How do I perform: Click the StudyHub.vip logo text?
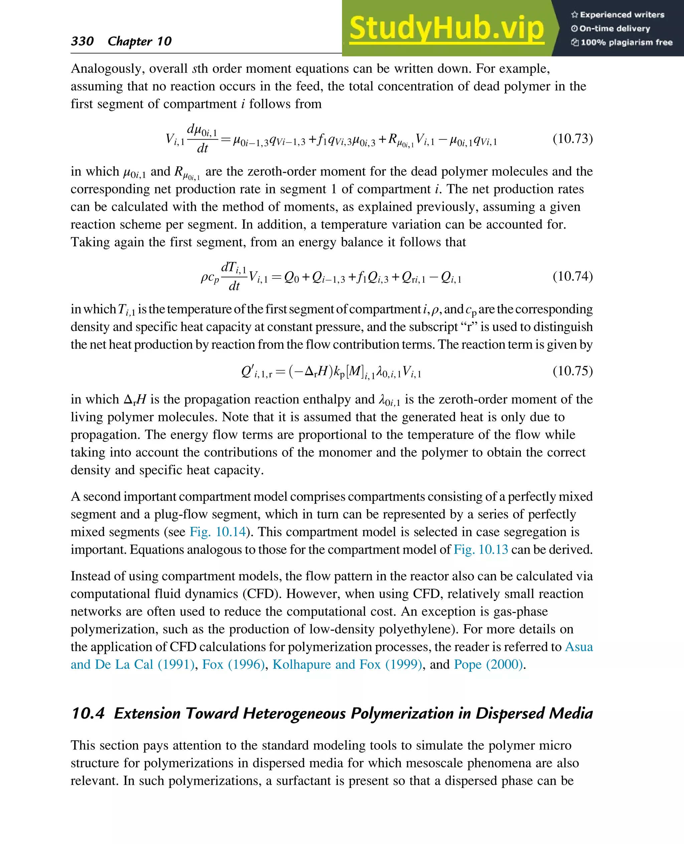pos(447,28)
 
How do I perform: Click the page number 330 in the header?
pos(82,41)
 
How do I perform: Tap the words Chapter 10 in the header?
pos(140,41)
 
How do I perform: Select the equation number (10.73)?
pos(572,138)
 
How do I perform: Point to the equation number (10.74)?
pos(572,276)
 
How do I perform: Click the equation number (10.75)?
pos(572,371)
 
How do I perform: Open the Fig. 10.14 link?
pos(217,532)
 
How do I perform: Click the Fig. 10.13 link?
pos(481,550)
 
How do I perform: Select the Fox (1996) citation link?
pos(233,664)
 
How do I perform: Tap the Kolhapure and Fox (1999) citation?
pos(347,664)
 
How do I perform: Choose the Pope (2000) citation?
pos(489,664)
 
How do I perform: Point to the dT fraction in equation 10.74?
pos(234,276)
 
